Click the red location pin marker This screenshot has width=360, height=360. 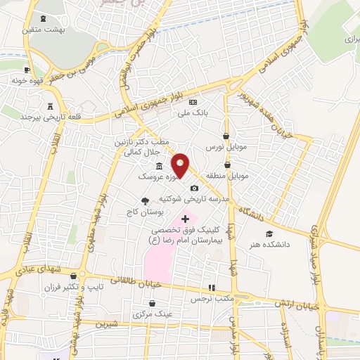click(181, 166)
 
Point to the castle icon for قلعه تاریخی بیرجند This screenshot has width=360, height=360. click(49, 106)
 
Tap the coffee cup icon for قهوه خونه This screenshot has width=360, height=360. click(27, 70)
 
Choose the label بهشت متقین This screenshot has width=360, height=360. click(45, 30)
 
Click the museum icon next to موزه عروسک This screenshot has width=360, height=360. click(159, 166)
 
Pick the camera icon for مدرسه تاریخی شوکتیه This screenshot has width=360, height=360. click(194, 188)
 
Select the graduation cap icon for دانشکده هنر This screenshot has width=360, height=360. click(270, 234)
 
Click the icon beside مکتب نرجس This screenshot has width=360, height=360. click(210, 288)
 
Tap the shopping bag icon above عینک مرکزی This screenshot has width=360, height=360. click(151, 302)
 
